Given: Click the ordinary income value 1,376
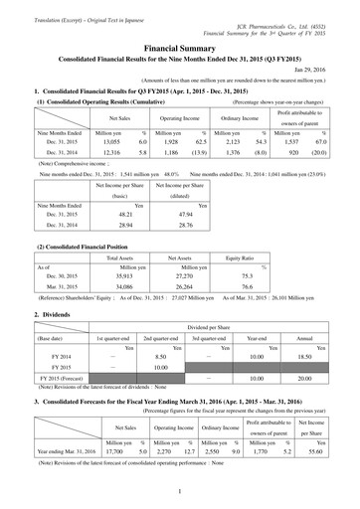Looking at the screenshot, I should [226, 156].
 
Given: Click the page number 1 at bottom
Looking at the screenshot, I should [180, 489].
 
